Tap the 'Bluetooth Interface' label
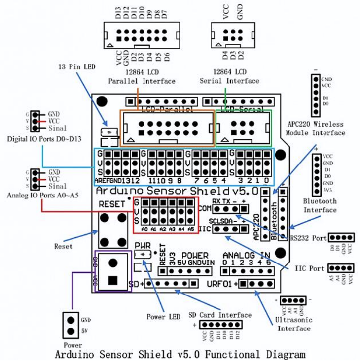coord(320,205)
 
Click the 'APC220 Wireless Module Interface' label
coord(317,128)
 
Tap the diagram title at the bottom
coord(180,354)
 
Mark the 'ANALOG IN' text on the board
coord(246,255)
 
